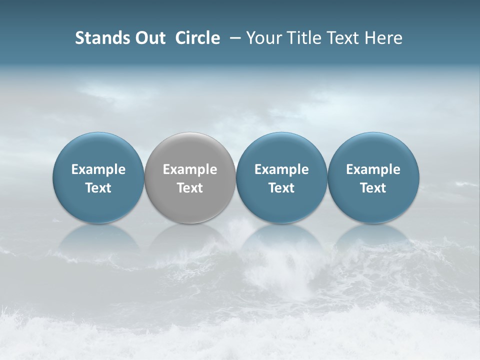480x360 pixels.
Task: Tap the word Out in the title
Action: pyautogui.click(x=149, y=38)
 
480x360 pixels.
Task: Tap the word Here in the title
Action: pyautogui.click(x=383, y=38)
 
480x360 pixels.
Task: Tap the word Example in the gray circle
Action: pyautogui.click(x=190, y=170)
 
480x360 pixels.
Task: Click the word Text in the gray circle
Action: pyautogui.click(x=190, y=188)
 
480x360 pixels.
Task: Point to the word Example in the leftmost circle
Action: pyautogui.click(x=98, y=170)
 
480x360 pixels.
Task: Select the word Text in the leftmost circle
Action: pyautogui.click(x=98, y=188)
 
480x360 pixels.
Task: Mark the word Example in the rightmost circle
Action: pyautogui.click(x=373, y=170)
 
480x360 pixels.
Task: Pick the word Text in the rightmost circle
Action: pyautogui.click(x=373, y=188)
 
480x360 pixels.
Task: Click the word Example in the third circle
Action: pyautogui.click(x=281, y=170)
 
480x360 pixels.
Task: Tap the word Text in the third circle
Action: pyautogui.click(x=281, y=188)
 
